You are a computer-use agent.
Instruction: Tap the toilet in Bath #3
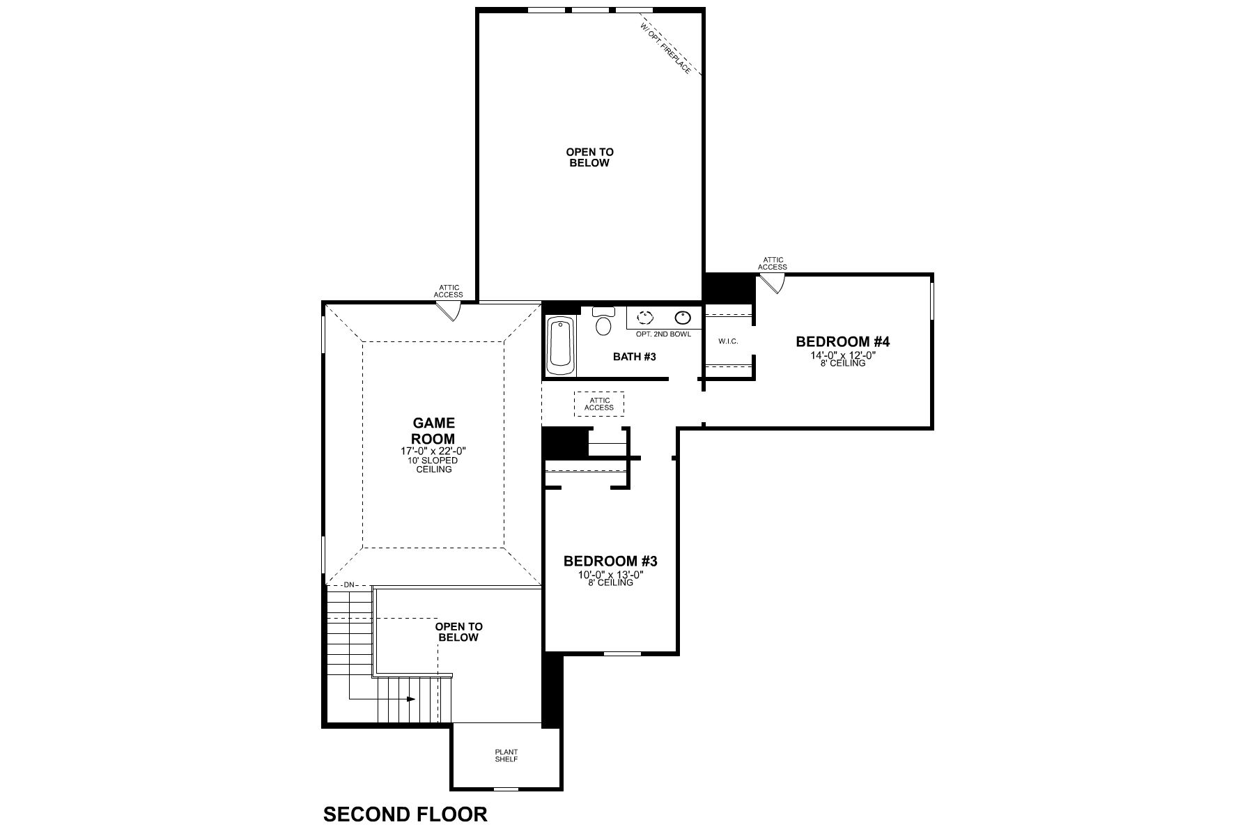[x=603, y=323]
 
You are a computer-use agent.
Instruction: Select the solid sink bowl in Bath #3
[x=682, y=318]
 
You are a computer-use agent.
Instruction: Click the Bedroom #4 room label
[x=843, y=341]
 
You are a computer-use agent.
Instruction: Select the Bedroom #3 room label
[x=610, y=561]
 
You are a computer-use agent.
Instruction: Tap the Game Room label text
[x=433, y=431]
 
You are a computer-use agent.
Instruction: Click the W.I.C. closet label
[x=728, y=341]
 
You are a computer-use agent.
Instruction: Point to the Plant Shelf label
[x=506, y=755]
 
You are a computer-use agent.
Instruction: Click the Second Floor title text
[x=405, y=814]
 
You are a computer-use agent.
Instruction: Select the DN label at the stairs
[x=349, y=585]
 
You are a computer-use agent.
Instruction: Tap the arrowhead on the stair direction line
[x=412, y=699]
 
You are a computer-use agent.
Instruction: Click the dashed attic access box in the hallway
[x=599, y=404]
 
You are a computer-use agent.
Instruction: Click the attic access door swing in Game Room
[x=449, y=311]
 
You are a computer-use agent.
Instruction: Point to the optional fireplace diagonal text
[x=666, y=47]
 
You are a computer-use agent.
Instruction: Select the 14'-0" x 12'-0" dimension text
[x=843, y=355]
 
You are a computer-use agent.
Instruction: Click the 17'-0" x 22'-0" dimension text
[x=433, y=451]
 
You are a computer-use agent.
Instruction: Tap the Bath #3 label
[x=635, y=357]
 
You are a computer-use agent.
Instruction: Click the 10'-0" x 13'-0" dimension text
[x=610, y=575]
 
